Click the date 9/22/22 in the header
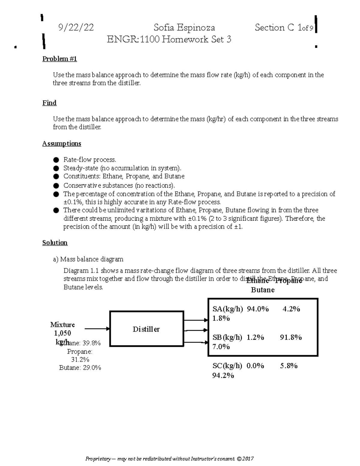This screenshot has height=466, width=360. (x=76, y=28)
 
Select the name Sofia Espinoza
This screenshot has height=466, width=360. (x=184, y=28)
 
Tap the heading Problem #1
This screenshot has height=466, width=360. (x=60, y=59)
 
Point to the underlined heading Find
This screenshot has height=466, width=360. (x=49, y=103)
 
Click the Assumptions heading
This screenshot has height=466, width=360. (x=61, y=144)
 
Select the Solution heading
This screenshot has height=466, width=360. (x=55, y=243)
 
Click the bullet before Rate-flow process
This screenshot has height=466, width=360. (x=56, y=160)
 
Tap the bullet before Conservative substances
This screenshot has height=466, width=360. (x=56, y=186)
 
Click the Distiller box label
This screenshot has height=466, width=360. (x=146, y=329)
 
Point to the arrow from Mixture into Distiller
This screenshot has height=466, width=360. (x=97, y=329)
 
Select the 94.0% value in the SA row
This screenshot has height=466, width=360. (x=258, y=309)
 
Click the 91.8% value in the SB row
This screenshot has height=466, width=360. (x=291, y=337)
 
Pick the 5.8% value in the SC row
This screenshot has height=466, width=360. (x=289, y=366)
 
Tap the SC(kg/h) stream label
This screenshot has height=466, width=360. (x=227, y=366)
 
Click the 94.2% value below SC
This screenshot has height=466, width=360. (x=223, y=375)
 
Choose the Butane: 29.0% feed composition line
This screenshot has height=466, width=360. (x=80, y=368)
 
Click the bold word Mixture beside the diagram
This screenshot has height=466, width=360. (x=62, y=325)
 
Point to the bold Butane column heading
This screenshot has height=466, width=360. (x=262, y=290)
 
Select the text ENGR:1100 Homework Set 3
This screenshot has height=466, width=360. (x=169, y=39)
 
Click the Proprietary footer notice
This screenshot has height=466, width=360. (x=169, y=459)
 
